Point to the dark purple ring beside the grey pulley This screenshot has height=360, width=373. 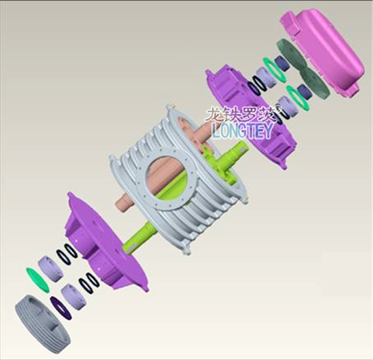pos(61,307)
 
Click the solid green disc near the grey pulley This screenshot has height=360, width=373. pos(37,280)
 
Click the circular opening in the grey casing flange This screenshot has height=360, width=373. pos(167,178)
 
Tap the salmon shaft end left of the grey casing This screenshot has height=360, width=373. pos(125,201)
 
